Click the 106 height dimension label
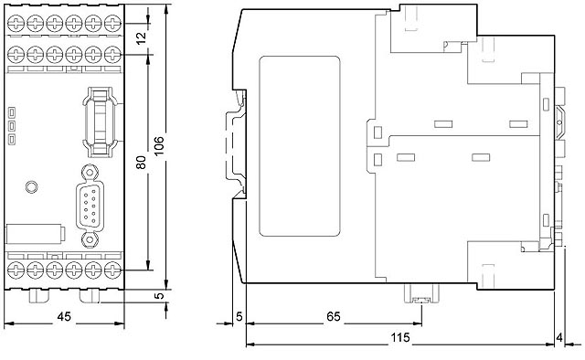(159, 146)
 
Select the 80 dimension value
(141, 163)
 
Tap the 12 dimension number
(141, 38)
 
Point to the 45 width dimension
(64, 317)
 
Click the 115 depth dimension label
(400, 338)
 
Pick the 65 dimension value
(333, 317)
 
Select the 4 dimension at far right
(558, 338)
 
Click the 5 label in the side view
(239, 317)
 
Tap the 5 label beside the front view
(159, 295)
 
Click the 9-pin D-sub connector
(90, 206)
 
